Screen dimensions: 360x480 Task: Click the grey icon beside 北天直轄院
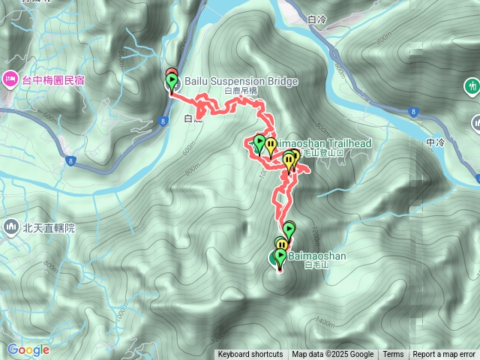coord(10,226)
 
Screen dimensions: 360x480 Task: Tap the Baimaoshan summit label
coord(316,256)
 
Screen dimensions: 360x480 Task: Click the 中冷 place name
coord(434,142)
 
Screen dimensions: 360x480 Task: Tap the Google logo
coord(28,349)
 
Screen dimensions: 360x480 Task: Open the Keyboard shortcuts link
coord(250,355)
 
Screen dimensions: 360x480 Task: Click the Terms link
coord(393,355)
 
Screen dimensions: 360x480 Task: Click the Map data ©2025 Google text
coord(332,355)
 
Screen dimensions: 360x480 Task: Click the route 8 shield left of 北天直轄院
coord(70,160)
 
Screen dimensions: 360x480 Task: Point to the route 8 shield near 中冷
coord(412,112)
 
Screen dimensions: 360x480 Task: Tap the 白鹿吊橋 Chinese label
coord(241,91)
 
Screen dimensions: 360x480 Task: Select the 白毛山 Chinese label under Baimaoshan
coord(315,265)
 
